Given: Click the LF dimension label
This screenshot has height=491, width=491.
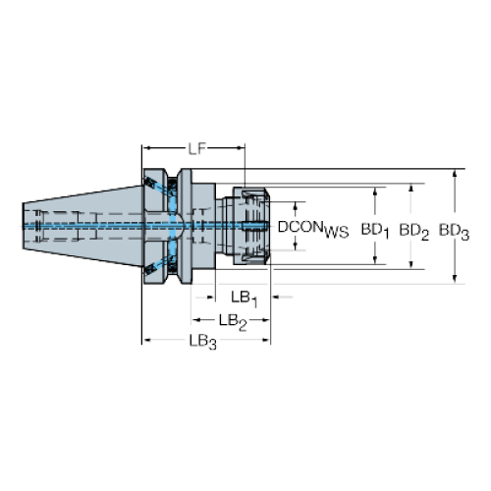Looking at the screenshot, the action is point(196,149).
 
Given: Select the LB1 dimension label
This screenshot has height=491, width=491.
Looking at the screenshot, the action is point(245,299).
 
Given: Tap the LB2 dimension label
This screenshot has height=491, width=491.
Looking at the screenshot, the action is point(233,322).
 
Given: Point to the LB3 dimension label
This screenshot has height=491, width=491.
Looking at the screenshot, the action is point(203,342).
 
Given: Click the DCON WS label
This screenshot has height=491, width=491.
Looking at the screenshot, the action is point(313,229).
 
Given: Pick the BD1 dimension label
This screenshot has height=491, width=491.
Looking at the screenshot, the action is point(375,231).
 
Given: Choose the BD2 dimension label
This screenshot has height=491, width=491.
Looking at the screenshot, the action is point(414,232).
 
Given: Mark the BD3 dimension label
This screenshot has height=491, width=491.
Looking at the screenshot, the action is point(454,232).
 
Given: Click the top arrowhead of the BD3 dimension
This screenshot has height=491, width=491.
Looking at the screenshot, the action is point(455,174).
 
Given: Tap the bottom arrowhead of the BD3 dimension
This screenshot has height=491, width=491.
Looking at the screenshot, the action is point(455,279).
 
